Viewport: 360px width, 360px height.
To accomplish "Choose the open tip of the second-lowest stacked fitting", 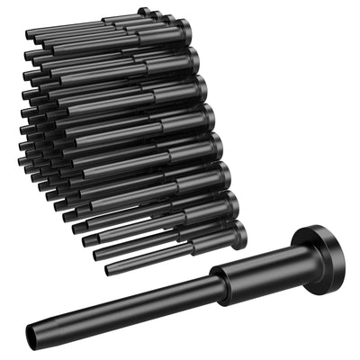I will [98, 255].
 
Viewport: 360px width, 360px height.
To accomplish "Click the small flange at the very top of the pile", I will [144, 12].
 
